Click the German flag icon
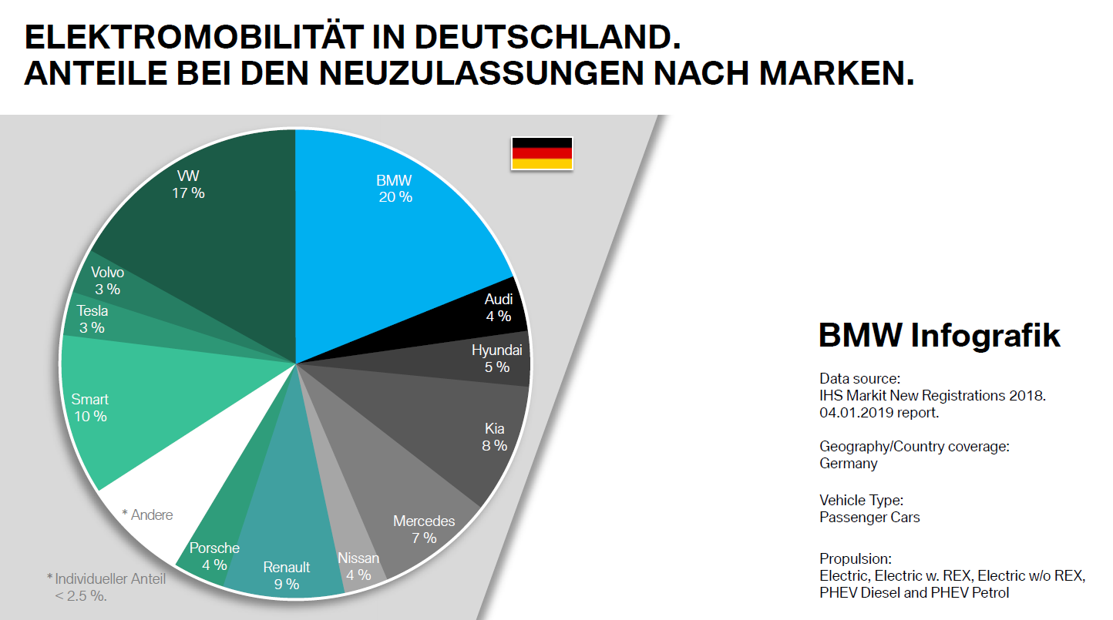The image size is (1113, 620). [542, 153]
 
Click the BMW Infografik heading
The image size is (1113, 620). [939, 337]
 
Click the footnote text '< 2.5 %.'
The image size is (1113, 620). [80, 595]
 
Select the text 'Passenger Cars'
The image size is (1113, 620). [869, 517]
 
